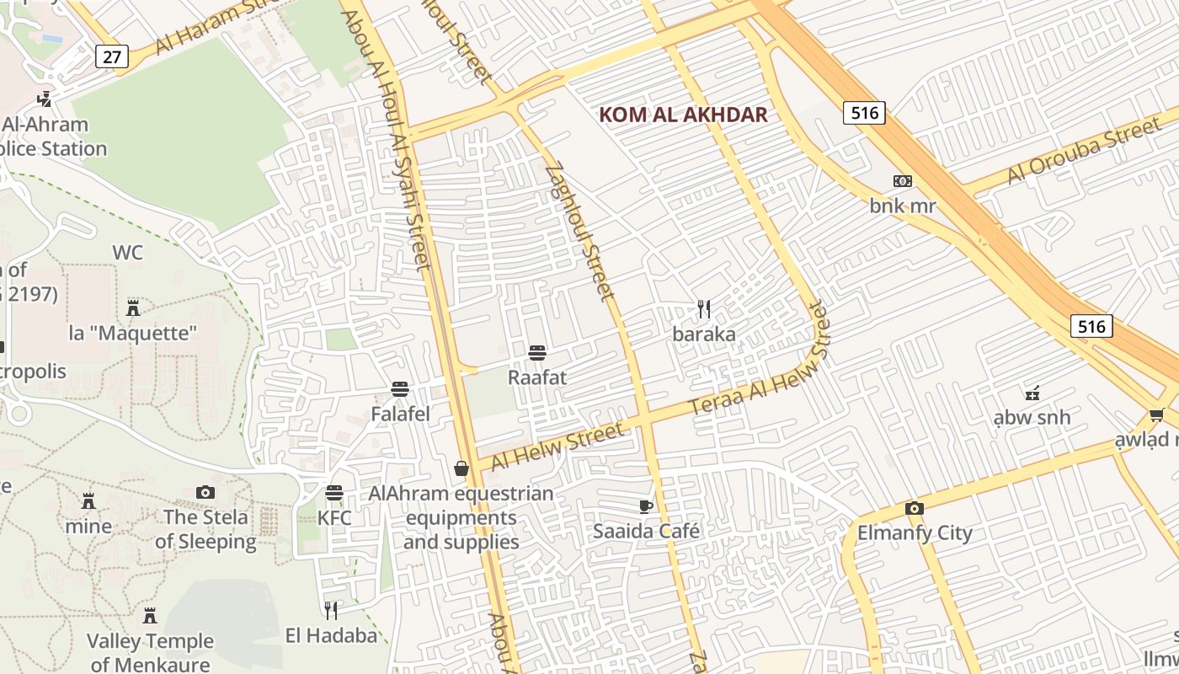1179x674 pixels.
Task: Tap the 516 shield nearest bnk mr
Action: tap(864, 113)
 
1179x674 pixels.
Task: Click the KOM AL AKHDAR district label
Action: tap(683, 115)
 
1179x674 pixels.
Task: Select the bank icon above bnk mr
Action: tap(902, 181)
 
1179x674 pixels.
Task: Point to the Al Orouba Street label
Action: tap(1084, 152)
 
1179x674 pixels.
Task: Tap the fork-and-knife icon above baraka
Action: tap(704, 309)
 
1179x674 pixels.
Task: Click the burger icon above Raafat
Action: tap(537, 352)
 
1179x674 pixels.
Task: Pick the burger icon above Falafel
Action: tap(400, 389)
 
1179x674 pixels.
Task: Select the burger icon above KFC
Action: tap(334, 493)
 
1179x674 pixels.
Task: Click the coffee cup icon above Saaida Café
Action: tap(646, 506)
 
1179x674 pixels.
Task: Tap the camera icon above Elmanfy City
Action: tap(915, 508)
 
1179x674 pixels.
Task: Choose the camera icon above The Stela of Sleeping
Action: tap(205, 492)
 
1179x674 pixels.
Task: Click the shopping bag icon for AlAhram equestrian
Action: tap(461, 468)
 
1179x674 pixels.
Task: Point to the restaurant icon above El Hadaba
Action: tap(331, 610)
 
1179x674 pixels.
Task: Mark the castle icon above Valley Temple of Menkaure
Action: tap(150, 616)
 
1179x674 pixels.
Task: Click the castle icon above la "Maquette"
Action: tap(132, 308)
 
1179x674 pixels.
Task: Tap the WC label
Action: tap(127, 253)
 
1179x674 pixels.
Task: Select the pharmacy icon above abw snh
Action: tap(1032, 392)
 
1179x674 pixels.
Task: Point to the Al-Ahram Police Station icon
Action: tap(44, 99)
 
